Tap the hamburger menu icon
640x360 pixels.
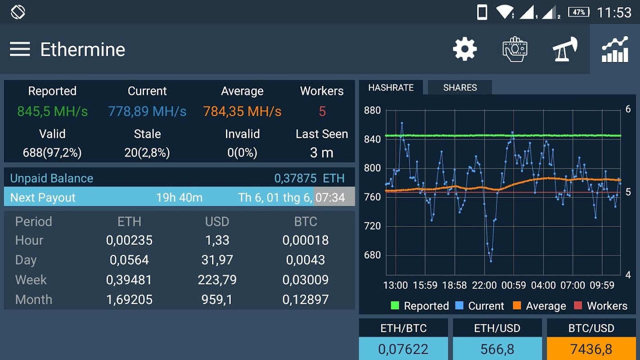pyautogui.click(x=20, y=49)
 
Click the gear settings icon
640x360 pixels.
pyautogui.click(x=464, y=49)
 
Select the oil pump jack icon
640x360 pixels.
pyautogui.click(x=565, y=49)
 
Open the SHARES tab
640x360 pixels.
pyautogui.click(x=460, y=88)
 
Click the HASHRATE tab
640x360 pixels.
pyautogui.click(x=391, y=88)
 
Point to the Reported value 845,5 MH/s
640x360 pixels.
pyautogui.click(x=52, y=112)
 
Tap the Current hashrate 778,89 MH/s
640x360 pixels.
pyautogui.click(x=147, y=112)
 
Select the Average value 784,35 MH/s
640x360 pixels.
pyautogui.click(x=242, y=112)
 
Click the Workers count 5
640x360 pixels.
pyautogui.click(x=322, y=112)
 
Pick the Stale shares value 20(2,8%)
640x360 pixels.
pyautogui.click(x=147, y=153)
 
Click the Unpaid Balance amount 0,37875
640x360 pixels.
pyautogui.click(x=295, y=178)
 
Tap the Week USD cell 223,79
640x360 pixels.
pyautogui.click(x=217, y=280)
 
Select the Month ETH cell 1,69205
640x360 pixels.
pyautogui.click(x=129, y=300)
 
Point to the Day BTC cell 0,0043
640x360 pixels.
pyautogui.click(x=305, y=260)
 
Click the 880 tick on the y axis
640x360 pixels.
pyautogui.click(x=372, y=111)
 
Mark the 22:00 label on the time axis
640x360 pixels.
pyautogui.click(x=484, y=285)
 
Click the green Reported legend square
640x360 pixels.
pyautogui.click(x=395, y=306)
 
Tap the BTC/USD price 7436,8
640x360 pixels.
pyautogui.click(x=591, y=349)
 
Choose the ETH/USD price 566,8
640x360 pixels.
pyautogui.click(x=497, y=349)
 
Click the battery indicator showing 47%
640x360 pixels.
pyautogui.click(x=579, y=12)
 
